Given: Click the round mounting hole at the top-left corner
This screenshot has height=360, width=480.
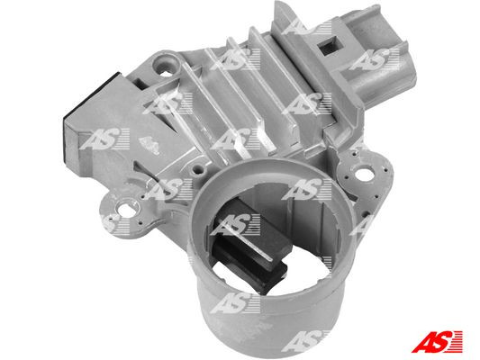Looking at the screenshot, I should (x=164, y=66).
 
